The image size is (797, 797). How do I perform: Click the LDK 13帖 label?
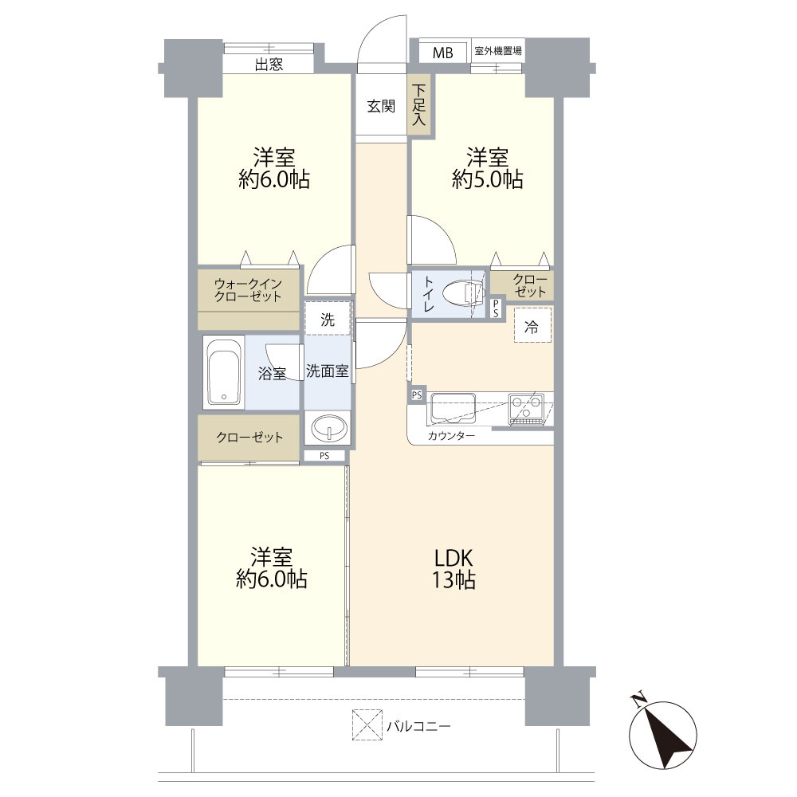tap(453, 569)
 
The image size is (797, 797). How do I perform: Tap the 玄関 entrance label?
tap(381, 106)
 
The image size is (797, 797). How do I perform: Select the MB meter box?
tap(442, 53)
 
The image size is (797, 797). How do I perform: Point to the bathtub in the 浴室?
tap(224, 371)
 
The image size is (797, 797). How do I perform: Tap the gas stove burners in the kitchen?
tap(526, 407)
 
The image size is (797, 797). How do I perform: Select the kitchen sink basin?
tap(453, 407)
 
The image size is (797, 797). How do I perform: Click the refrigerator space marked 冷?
tap(532, 325)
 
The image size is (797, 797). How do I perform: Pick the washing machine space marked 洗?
tap(328, 320)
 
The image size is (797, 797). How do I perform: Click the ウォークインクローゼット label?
tap(248, 290)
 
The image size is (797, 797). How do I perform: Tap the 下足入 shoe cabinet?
tap(420, 105)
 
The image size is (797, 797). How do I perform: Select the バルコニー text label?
tap(418, 726)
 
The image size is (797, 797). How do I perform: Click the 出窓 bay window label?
tap(269, 65)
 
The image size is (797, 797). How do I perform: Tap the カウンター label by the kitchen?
tap(451, 436)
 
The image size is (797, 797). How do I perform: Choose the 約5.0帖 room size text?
tap(487, 179)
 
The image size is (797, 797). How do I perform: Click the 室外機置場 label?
tap(497, 51)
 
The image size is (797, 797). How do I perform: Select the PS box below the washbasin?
tap(324, 456)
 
